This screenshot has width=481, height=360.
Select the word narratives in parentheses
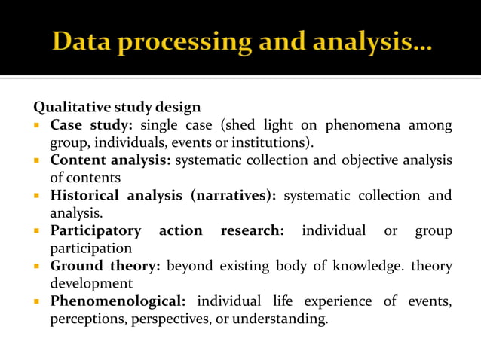tap(233, 195)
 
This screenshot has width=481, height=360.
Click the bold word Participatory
tap(95, 230)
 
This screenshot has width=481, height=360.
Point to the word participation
tap(90, 248)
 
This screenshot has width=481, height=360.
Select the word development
tap(91, 283)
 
